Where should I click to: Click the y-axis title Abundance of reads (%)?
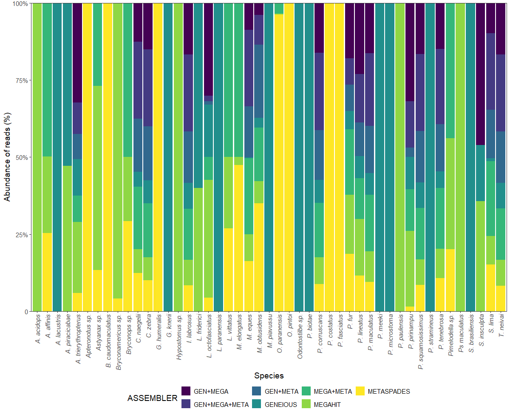pyautogui.click(x=7, y=157)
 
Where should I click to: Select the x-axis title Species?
pyautogui.click(x=269, y=375)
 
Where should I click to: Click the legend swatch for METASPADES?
pyautogui.click(x=360, y=391)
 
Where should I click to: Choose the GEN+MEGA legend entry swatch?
pyautogui.click(x=186, y=391)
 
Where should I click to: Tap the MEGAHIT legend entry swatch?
pyautogui.click(x=306, y=404)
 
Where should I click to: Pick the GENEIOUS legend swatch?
pyautogui.click(x=257, y=404)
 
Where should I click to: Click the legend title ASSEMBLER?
pyautogui.click(x=152, y=398)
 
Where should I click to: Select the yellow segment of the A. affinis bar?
pyautogui.click(x=47, y=272)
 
